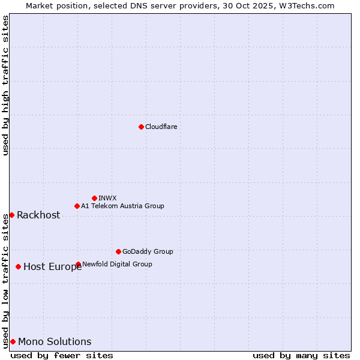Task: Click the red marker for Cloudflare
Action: coord(141,127)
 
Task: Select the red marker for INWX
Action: coord(94,198)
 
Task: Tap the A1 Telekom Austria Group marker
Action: coord(77,206)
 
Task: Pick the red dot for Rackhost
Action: coord(11,215)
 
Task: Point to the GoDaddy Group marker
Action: coord(118,251)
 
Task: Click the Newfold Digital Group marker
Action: coord(78,264)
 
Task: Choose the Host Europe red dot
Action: coord(19,266)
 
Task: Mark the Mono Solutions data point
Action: coord(13,341)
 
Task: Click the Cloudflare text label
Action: coord(161,127)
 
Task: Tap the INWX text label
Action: coord(107,198)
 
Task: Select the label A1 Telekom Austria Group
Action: coord(122,206)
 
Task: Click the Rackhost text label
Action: coord(38,215)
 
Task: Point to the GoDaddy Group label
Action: coord(148,251)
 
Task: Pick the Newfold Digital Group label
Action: coord(117,264)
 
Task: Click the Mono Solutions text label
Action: coord(55,342)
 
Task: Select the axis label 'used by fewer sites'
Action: coord(62,355)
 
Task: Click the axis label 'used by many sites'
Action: coord(301,355)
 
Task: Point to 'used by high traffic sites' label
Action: coord(5,85)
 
